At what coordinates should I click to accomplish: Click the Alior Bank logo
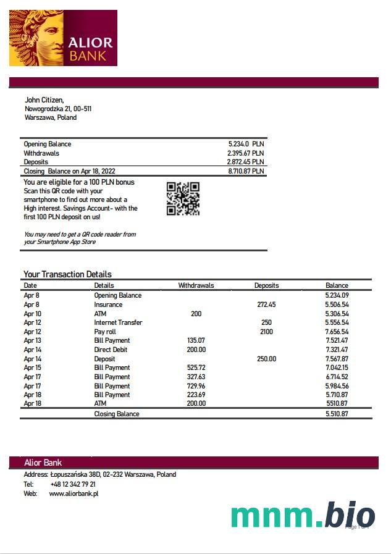(63, 38)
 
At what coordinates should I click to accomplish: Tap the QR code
(183, 198)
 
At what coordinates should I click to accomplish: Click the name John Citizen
(44, 100)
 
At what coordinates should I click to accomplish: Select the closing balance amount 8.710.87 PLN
(246, 171)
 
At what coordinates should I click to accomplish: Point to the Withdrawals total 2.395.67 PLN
(245, 153)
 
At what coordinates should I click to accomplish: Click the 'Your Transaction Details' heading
(67, 274)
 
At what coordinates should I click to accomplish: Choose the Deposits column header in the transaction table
(266, 285)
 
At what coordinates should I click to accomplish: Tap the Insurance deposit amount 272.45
(266, 304)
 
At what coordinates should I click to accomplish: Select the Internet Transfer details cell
(118, 322)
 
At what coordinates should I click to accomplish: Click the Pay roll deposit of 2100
(266, 332)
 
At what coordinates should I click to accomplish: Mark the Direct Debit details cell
(111, 350)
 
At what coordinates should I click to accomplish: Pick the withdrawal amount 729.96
(196, 386)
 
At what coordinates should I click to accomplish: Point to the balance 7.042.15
(337, 367)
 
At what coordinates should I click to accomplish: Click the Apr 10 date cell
(32, 314)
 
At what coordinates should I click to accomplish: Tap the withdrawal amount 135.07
(196, 340)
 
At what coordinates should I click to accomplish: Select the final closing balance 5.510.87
(337, 414)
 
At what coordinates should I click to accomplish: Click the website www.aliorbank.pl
(74, 493)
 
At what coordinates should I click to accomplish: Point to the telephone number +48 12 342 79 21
(73, 484)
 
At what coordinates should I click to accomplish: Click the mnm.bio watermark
(303, 516)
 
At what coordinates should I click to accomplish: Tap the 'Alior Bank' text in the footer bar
(43, 463)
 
